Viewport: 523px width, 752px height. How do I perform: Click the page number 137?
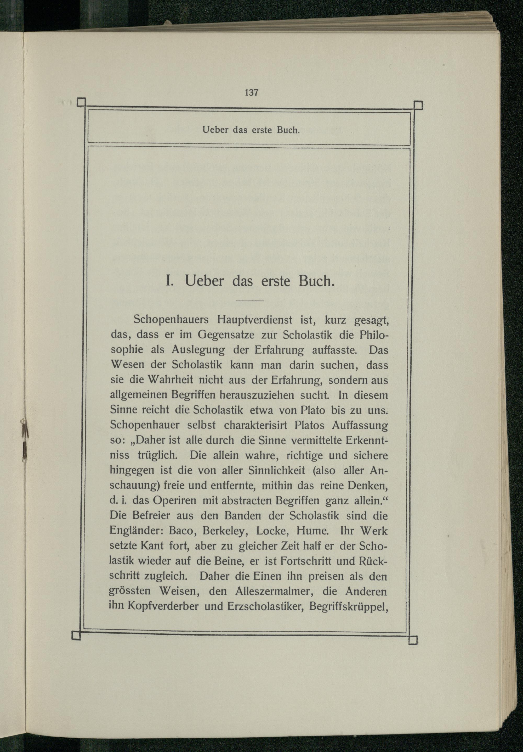tap(252, 93)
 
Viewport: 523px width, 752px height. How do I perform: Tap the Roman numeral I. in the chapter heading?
tap(169, 281)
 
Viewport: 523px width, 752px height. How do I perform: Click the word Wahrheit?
tap(167, 380)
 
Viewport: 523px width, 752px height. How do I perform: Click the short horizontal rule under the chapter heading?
tap(249, 300)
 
